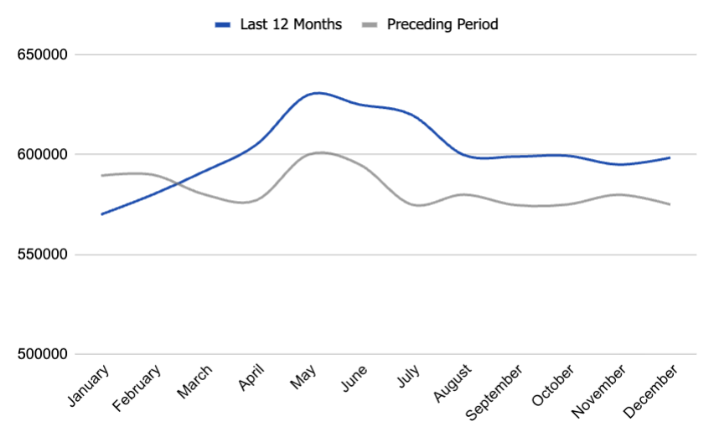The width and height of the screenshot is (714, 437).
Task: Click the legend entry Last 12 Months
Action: click(x=291, y=24)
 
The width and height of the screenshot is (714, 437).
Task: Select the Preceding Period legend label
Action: click(x=442, y=24)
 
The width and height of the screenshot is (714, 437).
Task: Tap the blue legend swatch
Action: click(x=223, y=25)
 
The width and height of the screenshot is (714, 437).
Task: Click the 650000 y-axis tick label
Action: click(x=42, y=55)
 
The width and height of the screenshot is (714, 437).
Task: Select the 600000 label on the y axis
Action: click(x=42, y=155)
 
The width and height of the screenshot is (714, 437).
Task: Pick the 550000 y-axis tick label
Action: click(x=42, y=254)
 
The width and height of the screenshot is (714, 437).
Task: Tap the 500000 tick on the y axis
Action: click(x=42, y=354)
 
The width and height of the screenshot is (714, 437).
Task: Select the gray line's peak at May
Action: click(x=319, y=152)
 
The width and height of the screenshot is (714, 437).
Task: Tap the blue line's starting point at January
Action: click(x=101, y=214)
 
